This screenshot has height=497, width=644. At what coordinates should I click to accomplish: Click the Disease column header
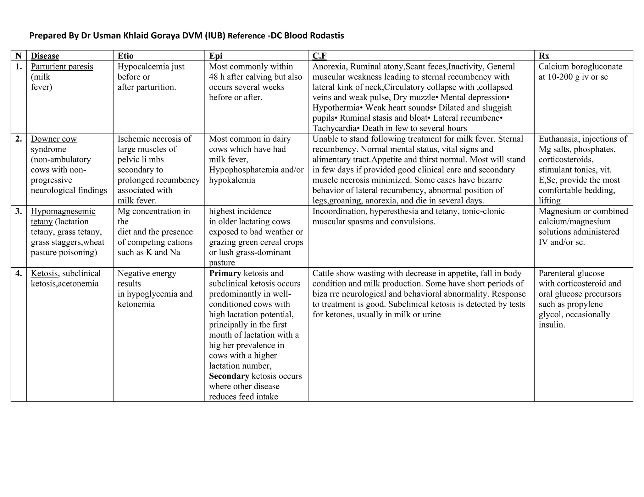pyautogui.click(x=45, y=56)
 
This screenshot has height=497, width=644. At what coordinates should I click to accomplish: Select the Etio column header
pyautogui.click(x=125, y=56)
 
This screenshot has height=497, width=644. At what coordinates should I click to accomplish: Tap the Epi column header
pyautogui.click(x=216, y=56)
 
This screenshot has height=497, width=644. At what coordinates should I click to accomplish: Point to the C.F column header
pyautogui.click(x=319, y=56)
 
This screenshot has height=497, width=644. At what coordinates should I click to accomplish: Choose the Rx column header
pyautogui.click(x=544, y=56)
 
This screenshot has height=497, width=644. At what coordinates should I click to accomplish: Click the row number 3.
pyautogui.click(x=19, y=211)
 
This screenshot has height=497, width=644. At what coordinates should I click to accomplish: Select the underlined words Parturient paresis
pyautogui.click(x=62, y=67)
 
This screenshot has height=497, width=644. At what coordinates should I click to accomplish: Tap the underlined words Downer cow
pyautogui.click(x=54, y=139)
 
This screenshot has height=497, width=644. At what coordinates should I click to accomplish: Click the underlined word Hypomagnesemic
pyautogui.click(x=63, y=211)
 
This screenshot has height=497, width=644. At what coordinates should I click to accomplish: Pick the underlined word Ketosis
pyautogui.click(x=44, y=273)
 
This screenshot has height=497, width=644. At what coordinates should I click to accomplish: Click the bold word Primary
pyautogui.click(x=225, y=273)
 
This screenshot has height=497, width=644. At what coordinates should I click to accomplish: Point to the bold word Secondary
pyautogui.click(x=229, y=376)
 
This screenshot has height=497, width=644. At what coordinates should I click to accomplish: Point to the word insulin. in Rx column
pyautogui.click(x=552, y=325)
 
